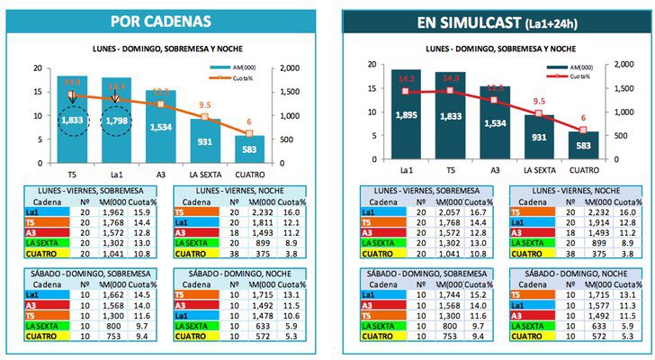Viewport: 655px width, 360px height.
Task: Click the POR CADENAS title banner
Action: coord(161,21)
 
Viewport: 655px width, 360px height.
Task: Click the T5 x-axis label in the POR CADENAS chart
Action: coord(71,173)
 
